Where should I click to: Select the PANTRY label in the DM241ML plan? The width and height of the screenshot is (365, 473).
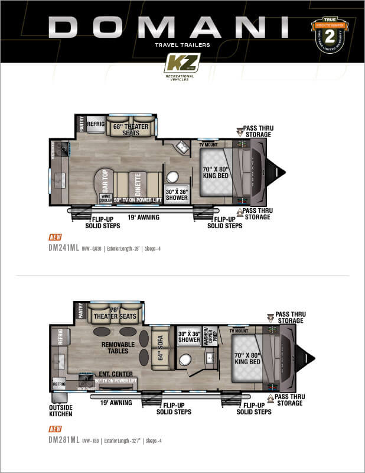point(81,124)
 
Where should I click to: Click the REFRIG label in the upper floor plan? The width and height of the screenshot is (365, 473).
point(96,124)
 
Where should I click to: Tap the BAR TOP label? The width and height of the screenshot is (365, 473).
point(105,180)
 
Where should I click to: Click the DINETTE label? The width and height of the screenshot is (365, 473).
point(138,183)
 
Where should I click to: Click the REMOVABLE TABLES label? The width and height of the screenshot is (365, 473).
point(119,348)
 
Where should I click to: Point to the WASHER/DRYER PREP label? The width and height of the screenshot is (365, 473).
point(206,336)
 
